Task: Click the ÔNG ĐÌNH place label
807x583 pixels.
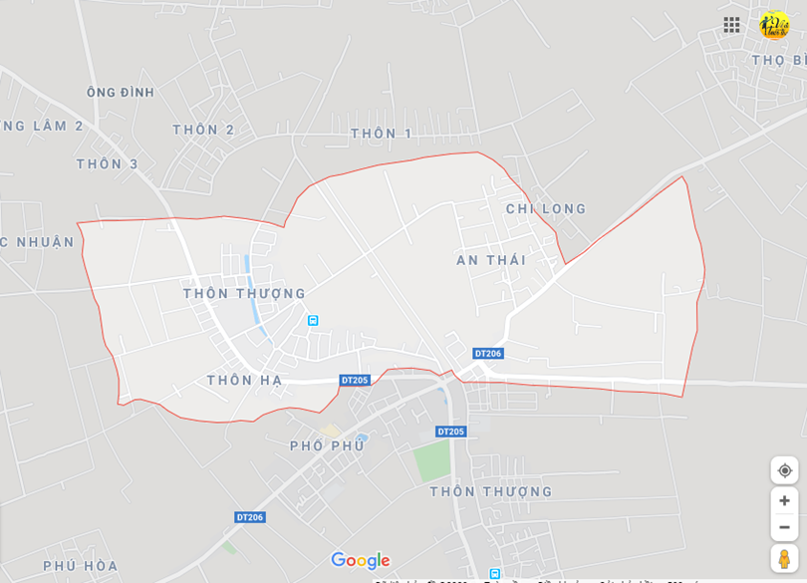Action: click(x=121, y=93)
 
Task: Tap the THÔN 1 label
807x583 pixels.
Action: click(x=382, y=134)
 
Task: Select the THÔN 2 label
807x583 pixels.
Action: click(x=203, y=130)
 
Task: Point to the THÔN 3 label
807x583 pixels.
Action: click(x=108, y=164)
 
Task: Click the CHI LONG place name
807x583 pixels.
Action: click(x=546, y=209)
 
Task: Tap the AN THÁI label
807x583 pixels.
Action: click(x=491, y=260)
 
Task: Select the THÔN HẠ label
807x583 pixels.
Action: click(x=245, y=381)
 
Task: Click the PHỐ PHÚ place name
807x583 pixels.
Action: click(x=328, y=445)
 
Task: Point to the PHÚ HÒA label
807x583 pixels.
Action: click(x=81, y=566)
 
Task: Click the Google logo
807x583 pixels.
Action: click(x=361, y=560)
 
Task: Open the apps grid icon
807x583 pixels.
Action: click(x=732, y=25)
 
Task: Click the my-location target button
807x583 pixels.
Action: click(x=784, y=470)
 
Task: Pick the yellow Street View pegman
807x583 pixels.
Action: click(x=784, y=558)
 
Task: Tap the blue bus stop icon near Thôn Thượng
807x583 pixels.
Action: click(x=313, y=321)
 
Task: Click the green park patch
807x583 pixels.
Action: click(x=432, y=461)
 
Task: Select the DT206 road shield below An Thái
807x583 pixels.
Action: click(x=488, y=354)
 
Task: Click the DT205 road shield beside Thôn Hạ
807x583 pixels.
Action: click(x=355, y=380)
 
